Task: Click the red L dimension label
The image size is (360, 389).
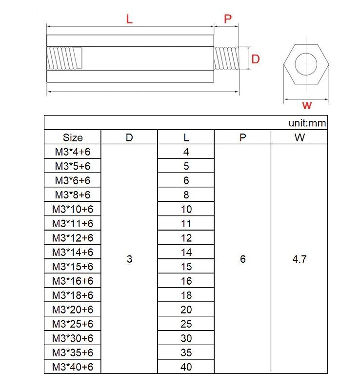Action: [129, 19]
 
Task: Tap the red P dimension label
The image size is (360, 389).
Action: [228, 19]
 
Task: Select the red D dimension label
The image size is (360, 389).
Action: [255, 59]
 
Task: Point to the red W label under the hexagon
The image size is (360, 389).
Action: [307, 105]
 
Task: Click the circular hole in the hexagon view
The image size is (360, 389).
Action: [307, 63]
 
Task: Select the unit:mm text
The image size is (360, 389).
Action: [307, 123]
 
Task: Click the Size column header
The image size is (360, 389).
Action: [73, 137]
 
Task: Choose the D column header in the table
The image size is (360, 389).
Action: [129, 137]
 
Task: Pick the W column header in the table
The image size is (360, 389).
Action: [299, 137]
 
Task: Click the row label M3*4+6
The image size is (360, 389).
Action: [73, 152]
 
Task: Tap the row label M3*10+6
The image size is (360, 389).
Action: [73, 209]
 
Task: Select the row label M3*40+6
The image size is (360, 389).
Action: [73, 367]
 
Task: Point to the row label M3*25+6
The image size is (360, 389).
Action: [73, 324]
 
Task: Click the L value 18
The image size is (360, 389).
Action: [186, 295]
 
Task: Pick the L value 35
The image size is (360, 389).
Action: [186, 352]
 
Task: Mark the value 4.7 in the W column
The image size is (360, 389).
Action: [299, 259]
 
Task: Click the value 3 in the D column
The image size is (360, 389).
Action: [129, 259]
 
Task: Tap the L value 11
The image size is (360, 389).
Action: [186, 224]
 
